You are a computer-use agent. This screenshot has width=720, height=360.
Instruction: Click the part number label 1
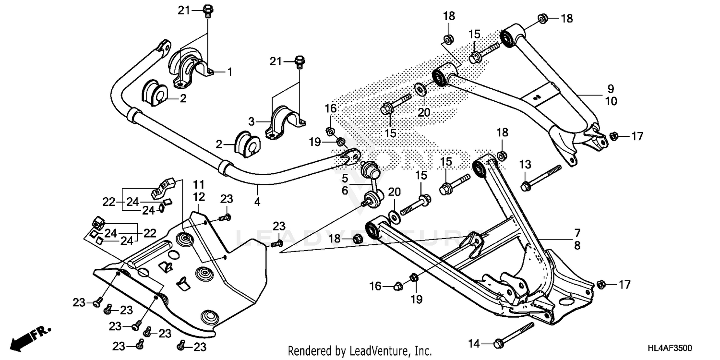pos(229,72)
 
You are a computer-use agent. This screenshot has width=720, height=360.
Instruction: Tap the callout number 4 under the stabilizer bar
pos(257,202)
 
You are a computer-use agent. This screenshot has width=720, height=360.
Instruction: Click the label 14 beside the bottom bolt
pos(474,343)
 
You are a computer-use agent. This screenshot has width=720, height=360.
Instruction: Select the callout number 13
pos(525,165)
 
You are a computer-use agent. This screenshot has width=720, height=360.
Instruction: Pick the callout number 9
pos(611,89)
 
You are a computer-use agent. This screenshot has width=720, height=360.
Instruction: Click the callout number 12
pos(199,196)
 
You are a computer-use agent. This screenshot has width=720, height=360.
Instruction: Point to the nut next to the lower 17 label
pos(600,285)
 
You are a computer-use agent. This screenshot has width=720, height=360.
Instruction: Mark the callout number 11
pos(199,184)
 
